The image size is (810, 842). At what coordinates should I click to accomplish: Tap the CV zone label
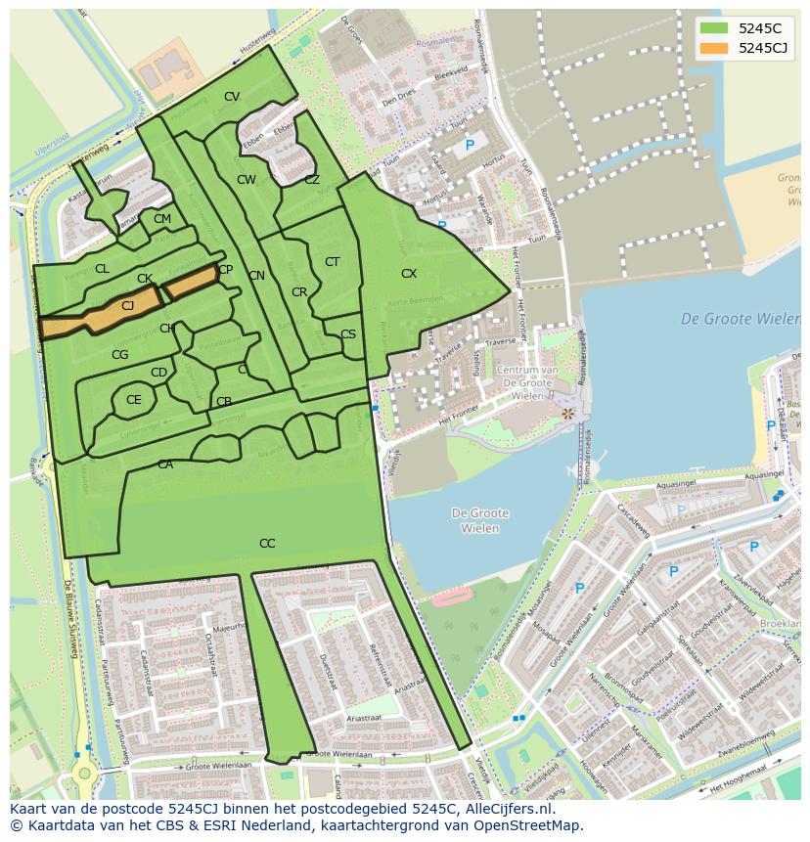coord(232,97)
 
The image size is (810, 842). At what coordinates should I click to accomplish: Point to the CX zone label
coord(409,274)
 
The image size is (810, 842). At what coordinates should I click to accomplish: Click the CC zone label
coord(267,544)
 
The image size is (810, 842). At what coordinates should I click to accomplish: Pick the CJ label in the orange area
coord(127,306)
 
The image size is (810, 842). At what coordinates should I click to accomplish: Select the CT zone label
coord(332,262)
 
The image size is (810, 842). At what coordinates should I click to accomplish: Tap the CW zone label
coord(247,180)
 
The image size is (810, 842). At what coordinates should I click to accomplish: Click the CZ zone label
coord(312,180)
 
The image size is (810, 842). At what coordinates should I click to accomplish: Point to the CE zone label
coord(134,400)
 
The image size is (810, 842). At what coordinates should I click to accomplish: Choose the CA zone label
coord(165,465)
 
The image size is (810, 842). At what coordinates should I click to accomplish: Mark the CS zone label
coord(348,334)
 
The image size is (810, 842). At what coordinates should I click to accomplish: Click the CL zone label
coord(102,269)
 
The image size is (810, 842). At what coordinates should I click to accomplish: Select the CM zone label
coord(162,219)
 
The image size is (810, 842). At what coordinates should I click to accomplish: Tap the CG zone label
coord(120,355)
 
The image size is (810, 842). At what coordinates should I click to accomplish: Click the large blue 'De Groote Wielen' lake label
coord(740,319)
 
